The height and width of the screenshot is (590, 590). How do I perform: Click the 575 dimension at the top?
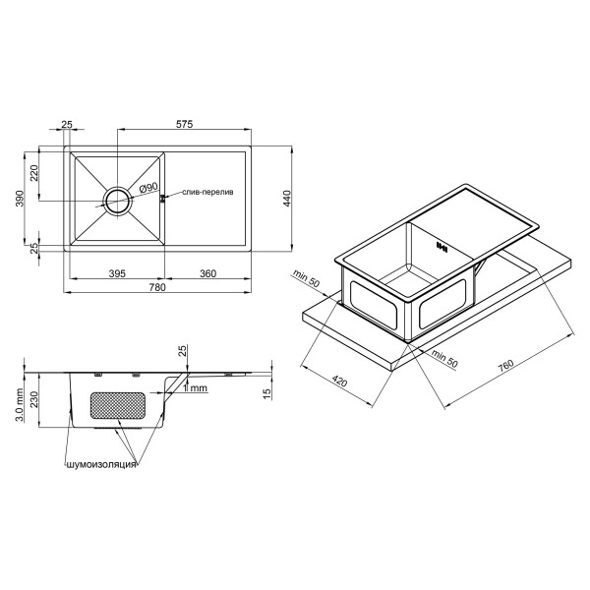coord(185,124)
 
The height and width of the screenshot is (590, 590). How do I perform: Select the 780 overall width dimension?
coord(157,287)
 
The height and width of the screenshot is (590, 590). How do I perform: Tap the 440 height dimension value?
coord(286,199)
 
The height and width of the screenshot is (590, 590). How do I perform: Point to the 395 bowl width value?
coord(117,273)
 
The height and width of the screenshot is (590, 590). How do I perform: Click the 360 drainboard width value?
coord(207,273)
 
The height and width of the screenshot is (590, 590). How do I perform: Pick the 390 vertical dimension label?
coord(20,199)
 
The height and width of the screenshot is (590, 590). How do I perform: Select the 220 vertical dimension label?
coord(34,173)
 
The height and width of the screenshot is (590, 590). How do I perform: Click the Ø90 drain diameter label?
coord(147,188)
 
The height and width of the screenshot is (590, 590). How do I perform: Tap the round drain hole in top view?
coord(118,201)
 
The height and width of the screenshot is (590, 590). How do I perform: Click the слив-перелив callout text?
coord(207,192)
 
